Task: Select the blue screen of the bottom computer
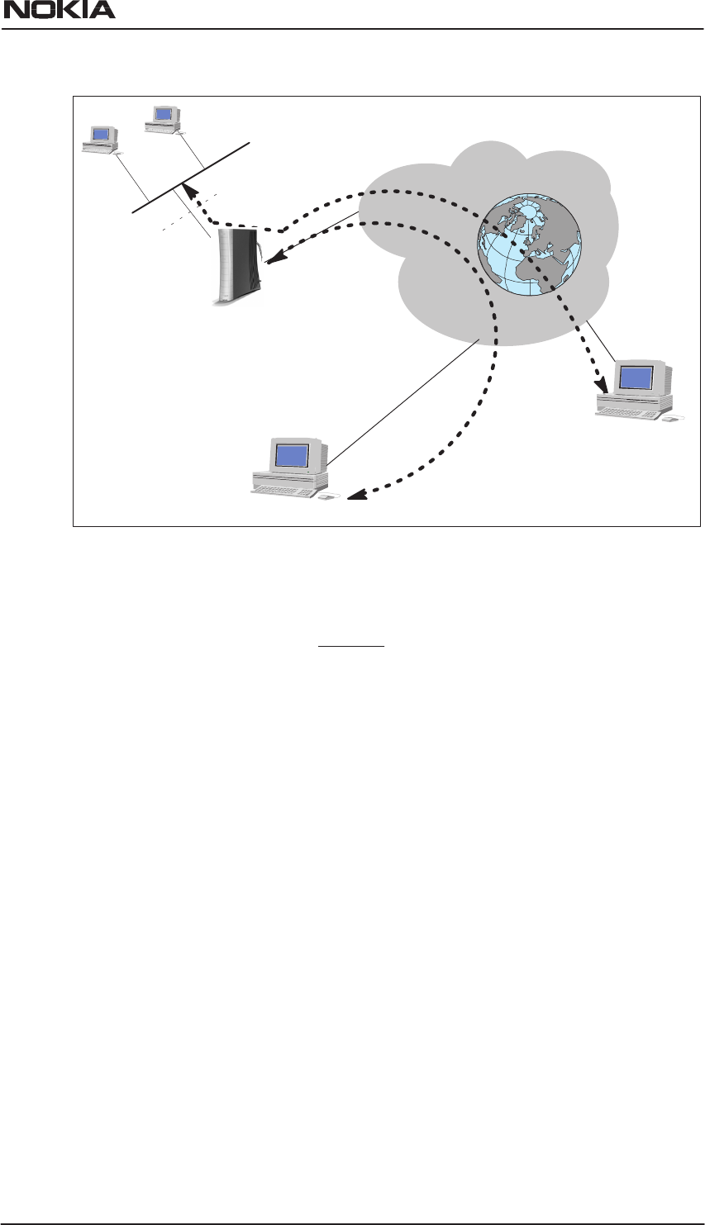coord(292,455)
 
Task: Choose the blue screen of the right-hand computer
coord(636,377)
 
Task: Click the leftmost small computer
coord(100,138)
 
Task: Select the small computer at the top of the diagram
coord(163,118)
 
